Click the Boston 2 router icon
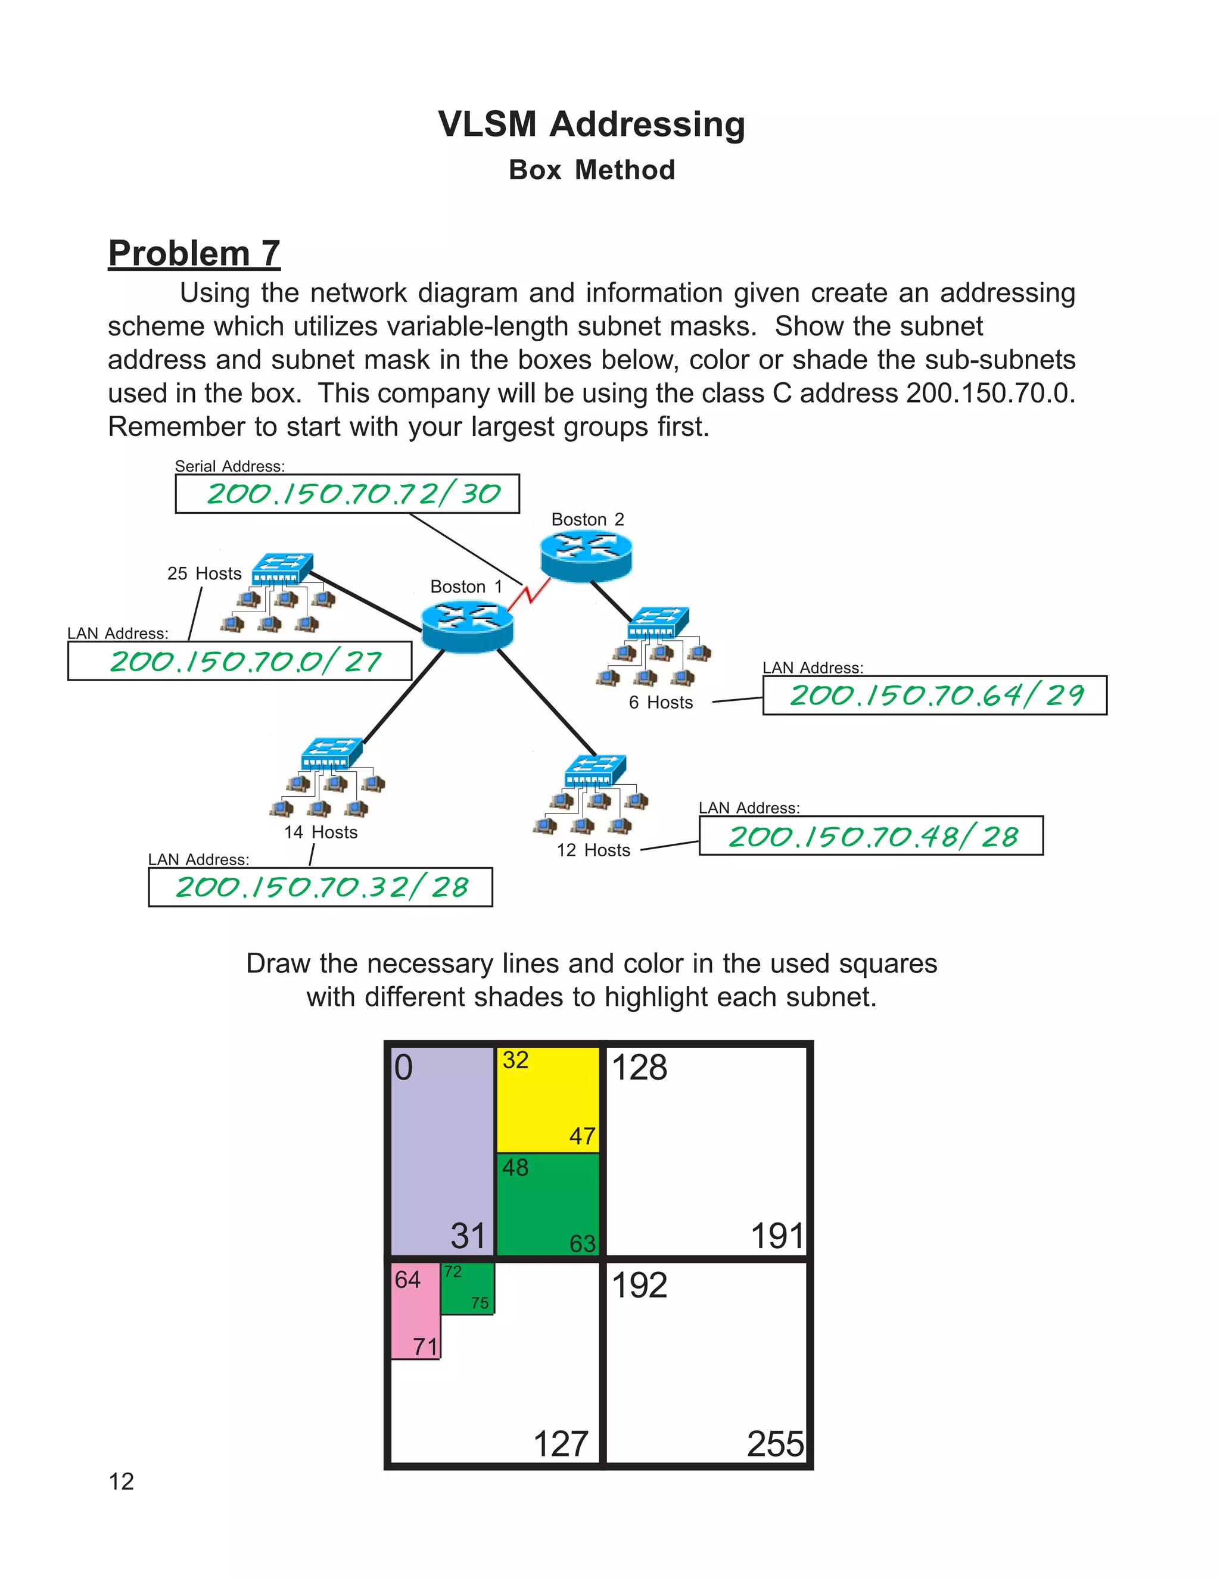[x=586, y=556]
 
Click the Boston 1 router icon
[x=467, y=626]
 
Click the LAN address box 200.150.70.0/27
[x=239, y=661]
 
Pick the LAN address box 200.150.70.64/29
[x=935, y=695]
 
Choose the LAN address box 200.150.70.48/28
[x=871, y=836]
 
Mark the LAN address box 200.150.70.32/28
[x=320, y=887]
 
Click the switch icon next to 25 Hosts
[x=282, y=569]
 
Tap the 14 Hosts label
[x=321, y=832]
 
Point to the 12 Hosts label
[x=593, y=850]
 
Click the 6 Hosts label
[x=661, y=702]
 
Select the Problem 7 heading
[x=194, y=254]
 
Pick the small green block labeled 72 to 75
[x=468, y=1288]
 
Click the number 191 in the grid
[x=777, y=1236]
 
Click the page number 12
[x=122, y=1482]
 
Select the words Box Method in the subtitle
[x=592, y=170]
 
